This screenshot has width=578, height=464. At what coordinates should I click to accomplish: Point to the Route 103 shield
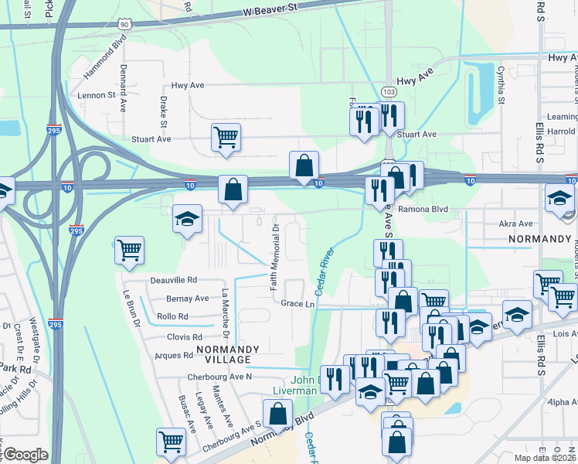(389, 92)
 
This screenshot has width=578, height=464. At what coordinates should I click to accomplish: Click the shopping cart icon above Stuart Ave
(226, 138)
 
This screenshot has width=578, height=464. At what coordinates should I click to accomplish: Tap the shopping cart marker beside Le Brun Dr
(130, 250)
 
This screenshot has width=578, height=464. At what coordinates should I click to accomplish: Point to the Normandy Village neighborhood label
(223, 354)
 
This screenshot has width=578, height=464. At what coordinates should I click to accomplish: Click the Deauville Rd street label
(174, 280)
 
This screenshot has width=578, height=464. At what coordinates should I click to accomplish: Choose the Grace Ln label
(297, 304)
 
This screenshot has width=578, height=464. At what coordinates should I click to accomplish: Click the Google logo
(25, 455)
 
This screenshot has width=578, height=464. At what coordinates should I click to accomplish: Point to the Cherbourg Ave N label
(219, 377)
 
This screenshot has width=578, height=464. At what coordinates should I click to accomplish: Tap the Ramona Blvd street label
(423, 209)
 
